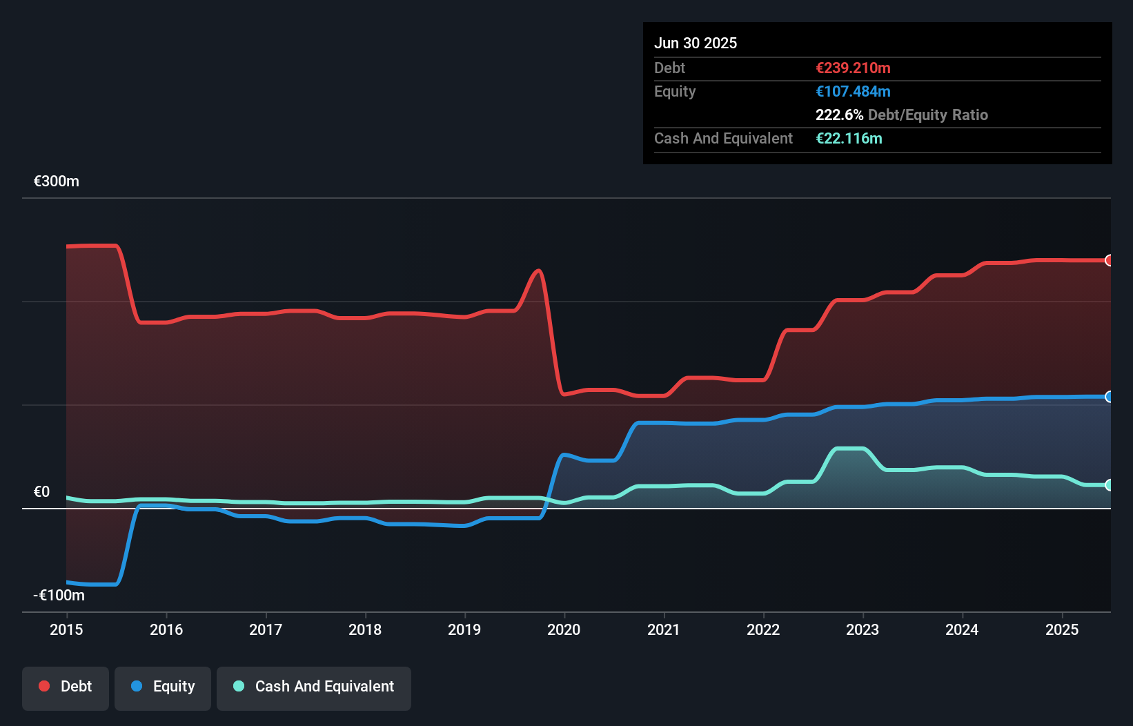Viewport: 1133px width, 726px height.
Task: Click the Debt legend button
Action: (66, 687)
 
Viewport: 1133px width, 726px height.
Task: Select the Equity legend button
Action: (163, 687)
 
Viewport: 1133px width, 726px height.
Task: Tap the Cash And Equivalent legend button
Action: (314, 687)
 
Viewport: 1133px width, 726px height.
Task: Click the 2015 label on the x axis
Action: (66, 629)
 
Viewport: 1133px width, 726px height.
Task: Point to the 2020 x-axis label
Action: (564, 629)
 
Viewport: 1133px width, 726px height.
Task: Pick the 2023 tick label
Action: (863, 629)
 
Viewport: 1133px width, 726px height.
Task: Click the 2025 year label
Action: (1061, 629)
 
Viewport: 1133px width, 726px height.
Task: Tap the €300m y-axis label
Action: (57, 181)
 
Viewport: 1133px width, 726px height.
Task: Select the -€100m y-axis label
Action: (59, 595)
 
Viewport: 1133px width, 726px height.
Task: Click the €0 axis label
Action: (42, 491)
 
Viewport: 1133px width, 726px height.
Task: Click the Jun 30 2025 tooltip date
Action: (696, 43)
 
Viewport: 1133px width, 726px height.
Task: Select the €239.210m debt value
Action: (853, 68)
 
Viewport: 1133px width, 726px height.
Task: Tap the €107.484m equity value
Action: (853, 92)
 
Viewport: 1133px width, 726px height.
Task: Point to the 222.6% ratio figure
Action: (839, 115)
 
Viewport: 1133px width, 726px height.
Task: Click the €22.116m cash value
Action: (849, 139)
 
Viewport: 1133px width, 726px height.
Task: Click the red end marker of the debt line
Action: (1109, 260)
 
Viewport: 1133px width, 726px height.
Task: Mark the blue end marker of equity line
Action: (1109, 396)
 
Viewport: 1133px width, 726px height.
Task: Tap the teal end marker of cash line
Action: (1109, 485)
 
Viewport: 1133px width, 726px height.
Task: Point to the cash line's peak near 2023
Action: (849, 449)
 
